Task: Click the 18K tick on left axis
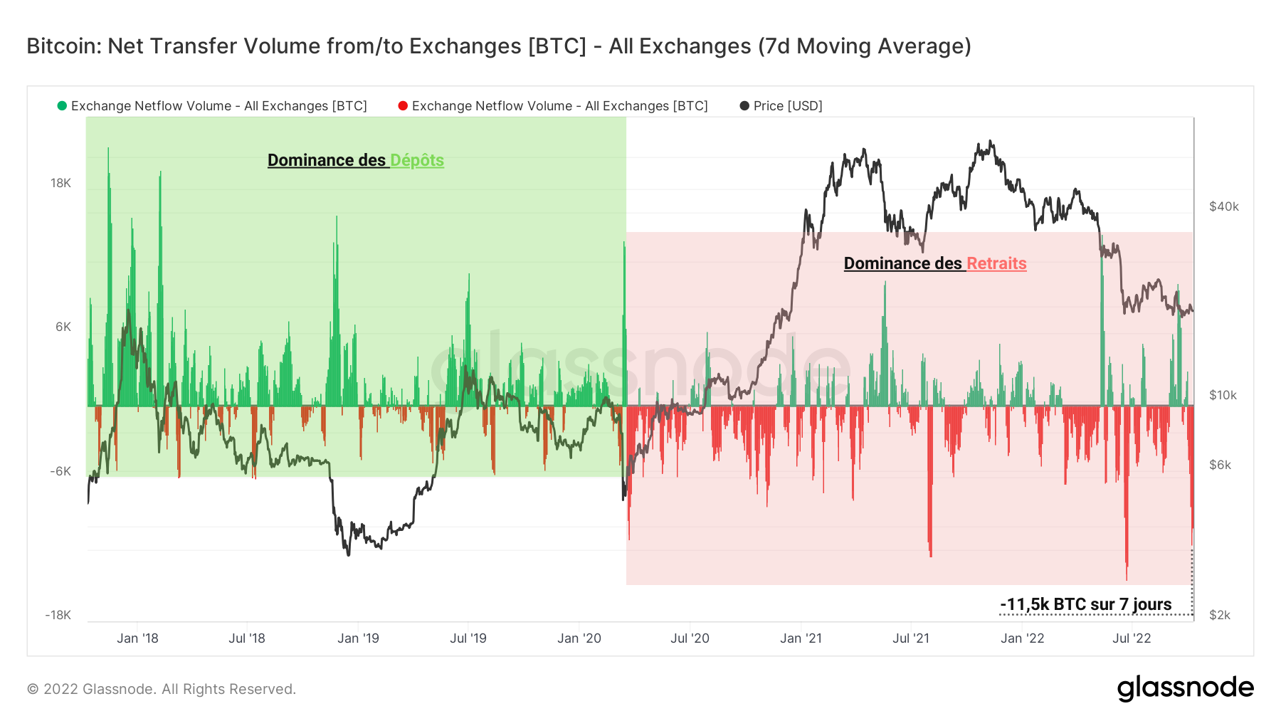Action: click(60, 183)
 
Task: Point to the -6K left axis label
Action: click(60, 471)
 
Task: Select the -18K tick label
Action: click(58, 615)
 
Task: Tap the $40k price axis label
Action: click(1223, 206)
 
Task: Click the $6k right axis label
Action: click(1220, 465)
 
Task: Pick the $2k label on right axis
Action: click(1220, 615)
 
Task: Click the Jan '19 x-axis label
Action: click(358, 638)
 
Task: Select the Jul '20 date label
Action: click(690, 638)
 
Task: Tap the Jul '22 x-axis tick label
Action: click(1132, 638)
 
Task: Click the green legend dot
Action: click(62, 106)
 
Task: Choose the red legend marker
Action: click(403, 106)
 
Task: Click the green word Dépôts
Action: click(417, 160)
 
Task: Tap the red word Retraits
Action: click(996, 263)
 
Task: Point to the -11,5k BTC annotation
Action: click(1085, 604)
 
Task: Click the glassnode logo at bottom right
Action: click(1185, 688)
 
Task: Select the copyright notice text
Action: click(161, 689)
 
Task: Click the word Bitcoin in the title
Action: click(63, 46)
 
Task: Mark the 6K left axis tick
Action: click(63, 327)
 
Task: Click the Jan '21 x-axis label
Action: click(801, 638)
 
